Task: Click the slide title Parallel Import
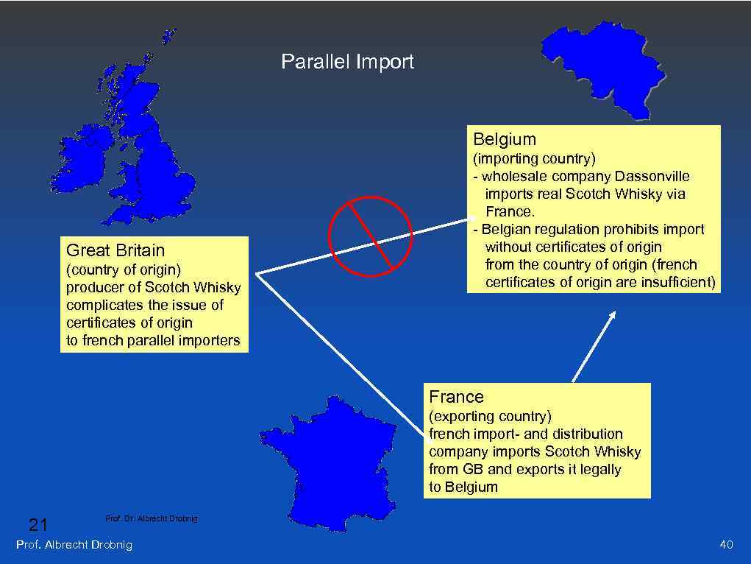347,62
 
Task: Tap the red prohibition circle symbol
369,236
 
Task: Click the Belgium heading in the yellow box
505,139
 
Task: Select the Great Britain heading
115,250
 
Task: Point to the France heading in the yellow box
456,397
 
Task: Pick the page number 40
726,545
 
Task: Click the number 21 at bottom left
38,525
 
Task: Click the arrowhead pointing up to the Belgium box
611,316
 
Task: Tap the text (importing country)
534,158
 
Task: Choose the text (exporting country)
490,416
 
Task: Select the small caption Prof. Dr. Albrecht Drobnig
152,519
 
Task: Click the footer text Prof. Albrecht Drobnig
74,545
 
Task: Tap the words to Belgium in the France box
463,487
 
